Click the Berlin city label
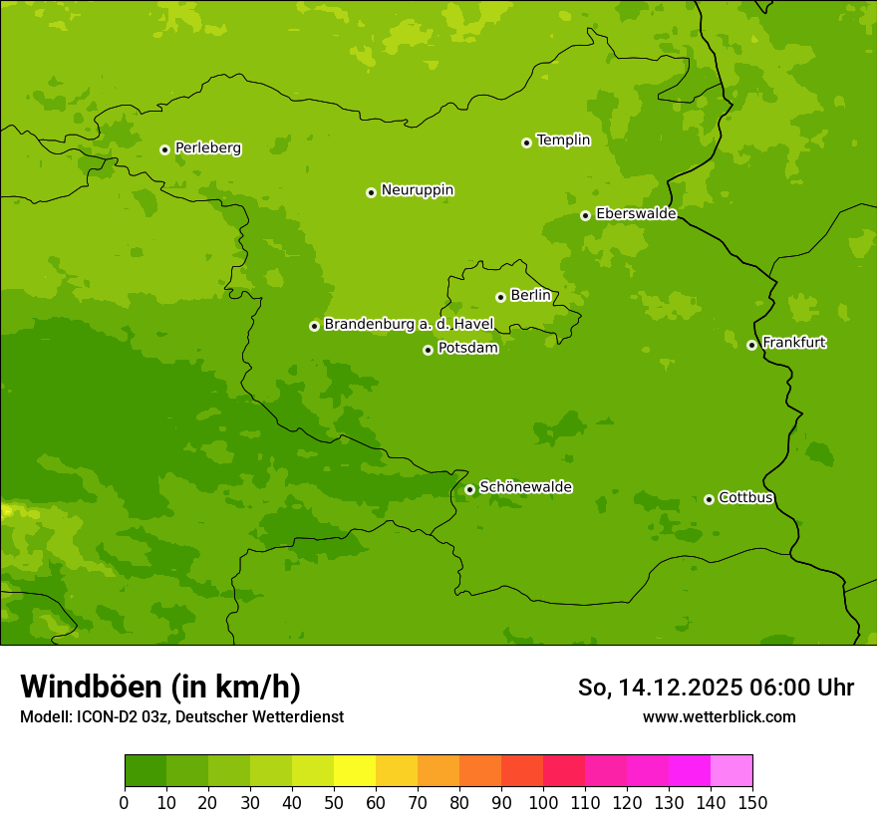(530, 296)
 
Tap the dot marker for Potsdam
(429, 350)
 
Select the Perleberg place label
(207, 148)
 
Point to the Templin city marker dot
(526, 142)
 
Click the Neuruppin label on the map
(417, 190)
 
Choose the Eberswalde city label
(636, 214)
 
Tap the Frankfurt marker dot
(751, 345)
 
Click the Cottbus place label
(745, 498)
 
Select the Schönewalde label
(525, 487)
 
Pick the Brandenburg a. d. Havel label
(409, 325)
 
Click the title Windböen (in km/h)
(160, 687)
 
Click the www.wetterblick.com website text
(719, 716)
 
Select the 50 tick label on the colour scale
(334, 802)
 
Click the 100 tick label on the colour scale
(543, 802)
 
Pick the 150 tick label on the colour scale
(752, 802)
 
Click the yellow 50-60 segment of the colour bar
(355, 771)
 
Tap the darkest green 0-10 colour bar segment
(146, 771)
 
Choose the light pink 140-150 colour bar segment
(731, 771)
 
